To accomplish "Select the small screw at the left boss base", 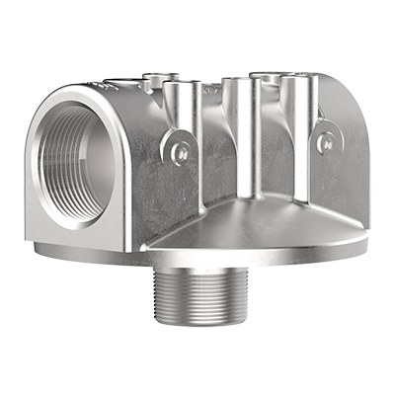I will [179, 151].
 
